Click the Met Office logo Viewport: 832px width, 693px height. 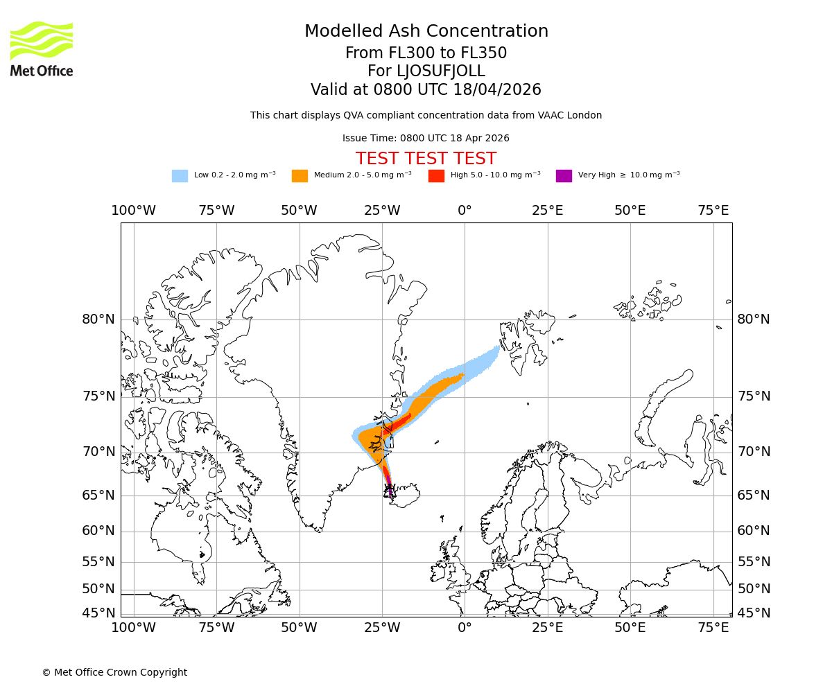[x=42, y=49]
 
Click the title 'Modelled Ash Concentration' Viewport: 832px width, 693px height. [x=426, y=32]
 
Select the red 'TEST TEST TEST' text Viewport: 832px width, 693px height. [x=426, y=159]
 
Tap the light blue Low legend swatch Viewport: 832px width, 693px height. [x=180, y=176]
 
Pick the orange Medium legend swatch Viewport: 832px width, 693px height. [x=300, y=176]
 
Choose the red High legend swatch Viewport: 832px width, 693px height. [x=436, y=176]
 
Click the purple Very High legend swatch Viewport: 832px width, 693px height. [x=564, y=176]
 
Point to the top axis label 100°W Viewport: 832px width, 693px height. [x=133, y=211]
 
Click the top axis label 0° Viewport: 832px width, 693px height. [x=465, y=211]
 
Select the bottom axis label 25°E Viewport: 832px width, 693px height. [x=547, y=628]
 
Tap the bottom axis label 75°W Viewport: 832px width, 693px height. [x=216, y=628]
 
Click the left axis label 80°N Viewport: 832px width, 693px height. [x=98, y=319]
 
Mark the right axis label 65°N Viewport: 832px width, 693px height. [x=754, y=495]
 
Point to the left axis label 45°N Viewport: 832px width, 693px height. [x=98, y=613]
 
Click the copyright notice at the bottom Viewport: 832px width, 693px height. [x=114, y=672]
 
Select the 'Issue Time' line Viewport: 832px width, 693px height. [x=426, y=139]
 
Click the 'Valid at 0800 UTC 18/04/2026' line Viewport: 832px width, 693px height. [x=426, y=90]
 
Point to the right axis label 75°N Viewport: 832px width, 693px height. [x=754, y=396]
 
